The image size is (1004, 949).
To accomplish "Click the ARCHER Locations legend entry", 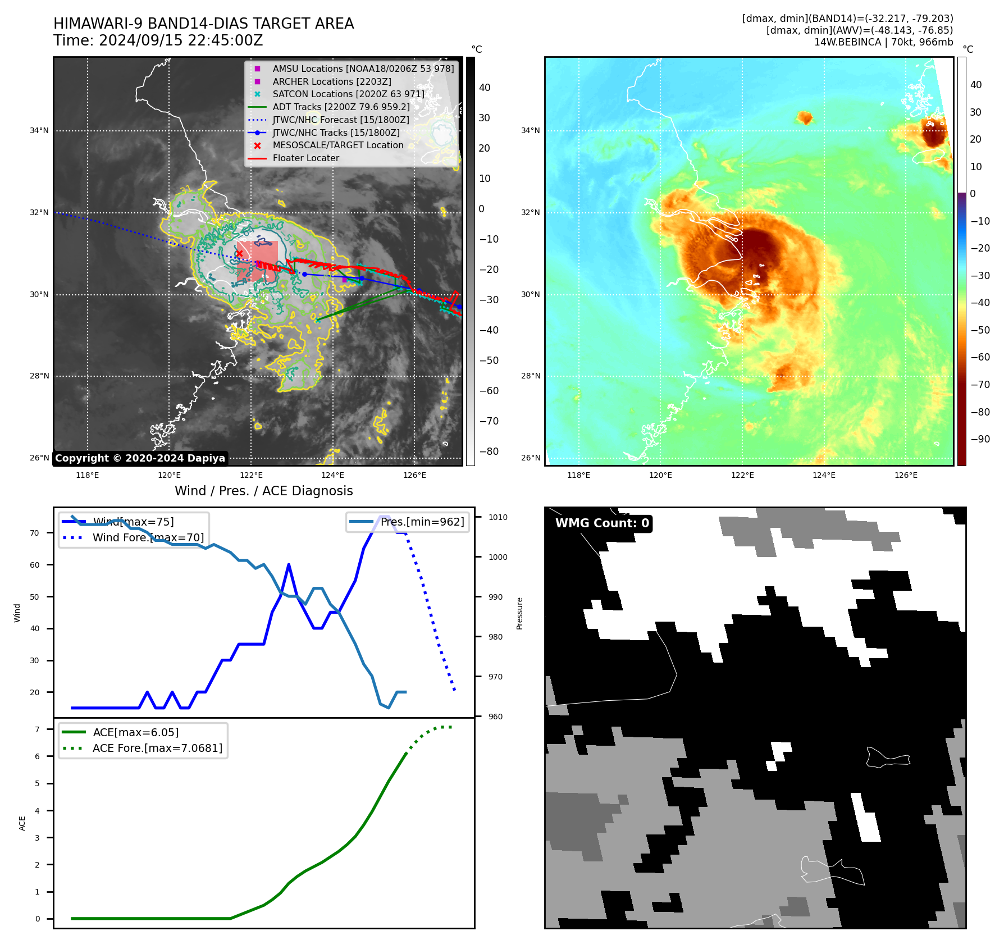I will click(332, 81).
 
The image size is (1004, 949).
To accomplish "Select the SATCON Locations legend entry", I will click(348, 94).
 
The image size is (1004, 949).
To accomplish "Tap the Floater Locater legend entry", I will click(305, 158).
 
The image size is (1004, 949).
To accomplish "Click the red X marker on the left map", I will click(239, 254).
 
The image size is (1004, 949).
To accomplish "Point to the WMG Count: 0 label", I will click(602, 523).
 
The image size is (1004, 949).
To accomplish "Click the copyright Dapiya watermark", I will click(140, 458).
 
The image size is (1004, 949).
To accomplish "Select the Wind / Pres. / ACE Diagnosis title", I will click(264, 491).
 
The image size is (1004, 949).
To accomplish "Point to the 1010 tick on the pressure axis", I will click(498, 517).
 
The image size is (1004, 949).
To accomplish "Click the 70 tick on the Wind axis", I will click(35, 533).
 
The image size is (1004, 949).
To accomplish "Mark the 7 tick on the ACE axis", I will click(37, 729).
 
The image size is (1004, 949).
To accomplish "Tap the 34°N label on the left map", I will click(39, 131).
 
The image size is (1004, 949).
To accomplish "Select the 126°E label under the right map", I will click(906, 475).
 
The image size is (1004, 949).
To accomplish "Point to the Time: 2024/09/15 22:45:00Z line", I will click(158, 41).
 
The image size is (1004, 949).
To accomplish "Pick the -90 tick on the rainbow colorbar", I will click(980, 439).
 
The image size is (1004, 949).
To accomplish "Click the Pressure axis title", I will click(519, 613).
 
